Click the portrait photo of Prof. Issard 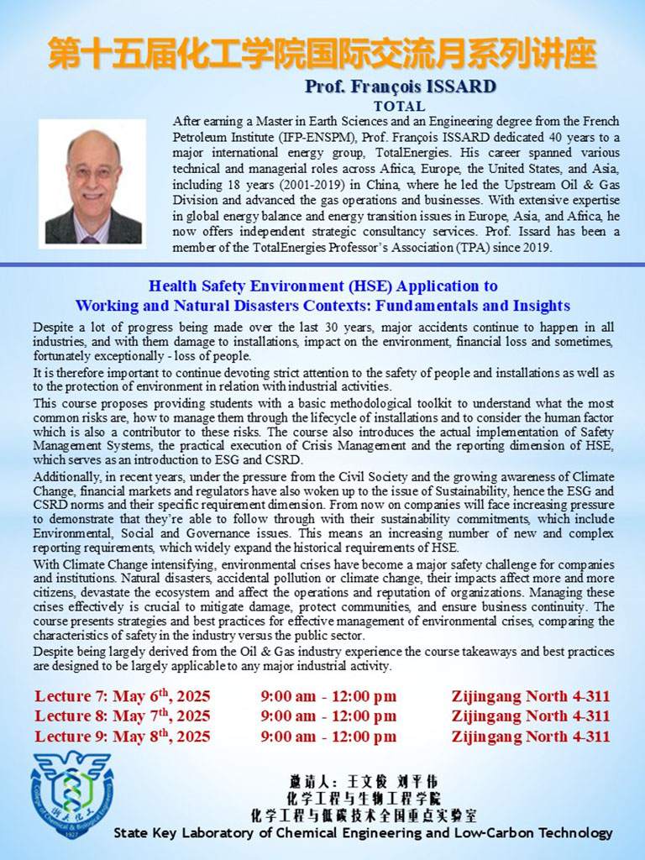(92, 184)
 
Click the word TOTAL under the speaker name (399, 107)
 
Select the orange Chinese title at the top (322, 52)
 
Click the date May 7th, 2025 (161, 716)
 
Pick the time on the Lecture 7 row (328, 696)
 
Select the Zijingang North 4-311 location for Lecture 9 (531, 737)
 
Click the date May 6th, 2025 (161, 696)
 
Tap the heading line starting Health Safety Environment (323, 286)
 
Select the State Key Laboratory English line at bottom (363, 833)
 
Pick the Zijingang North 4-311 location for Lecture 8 (531, 716)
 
